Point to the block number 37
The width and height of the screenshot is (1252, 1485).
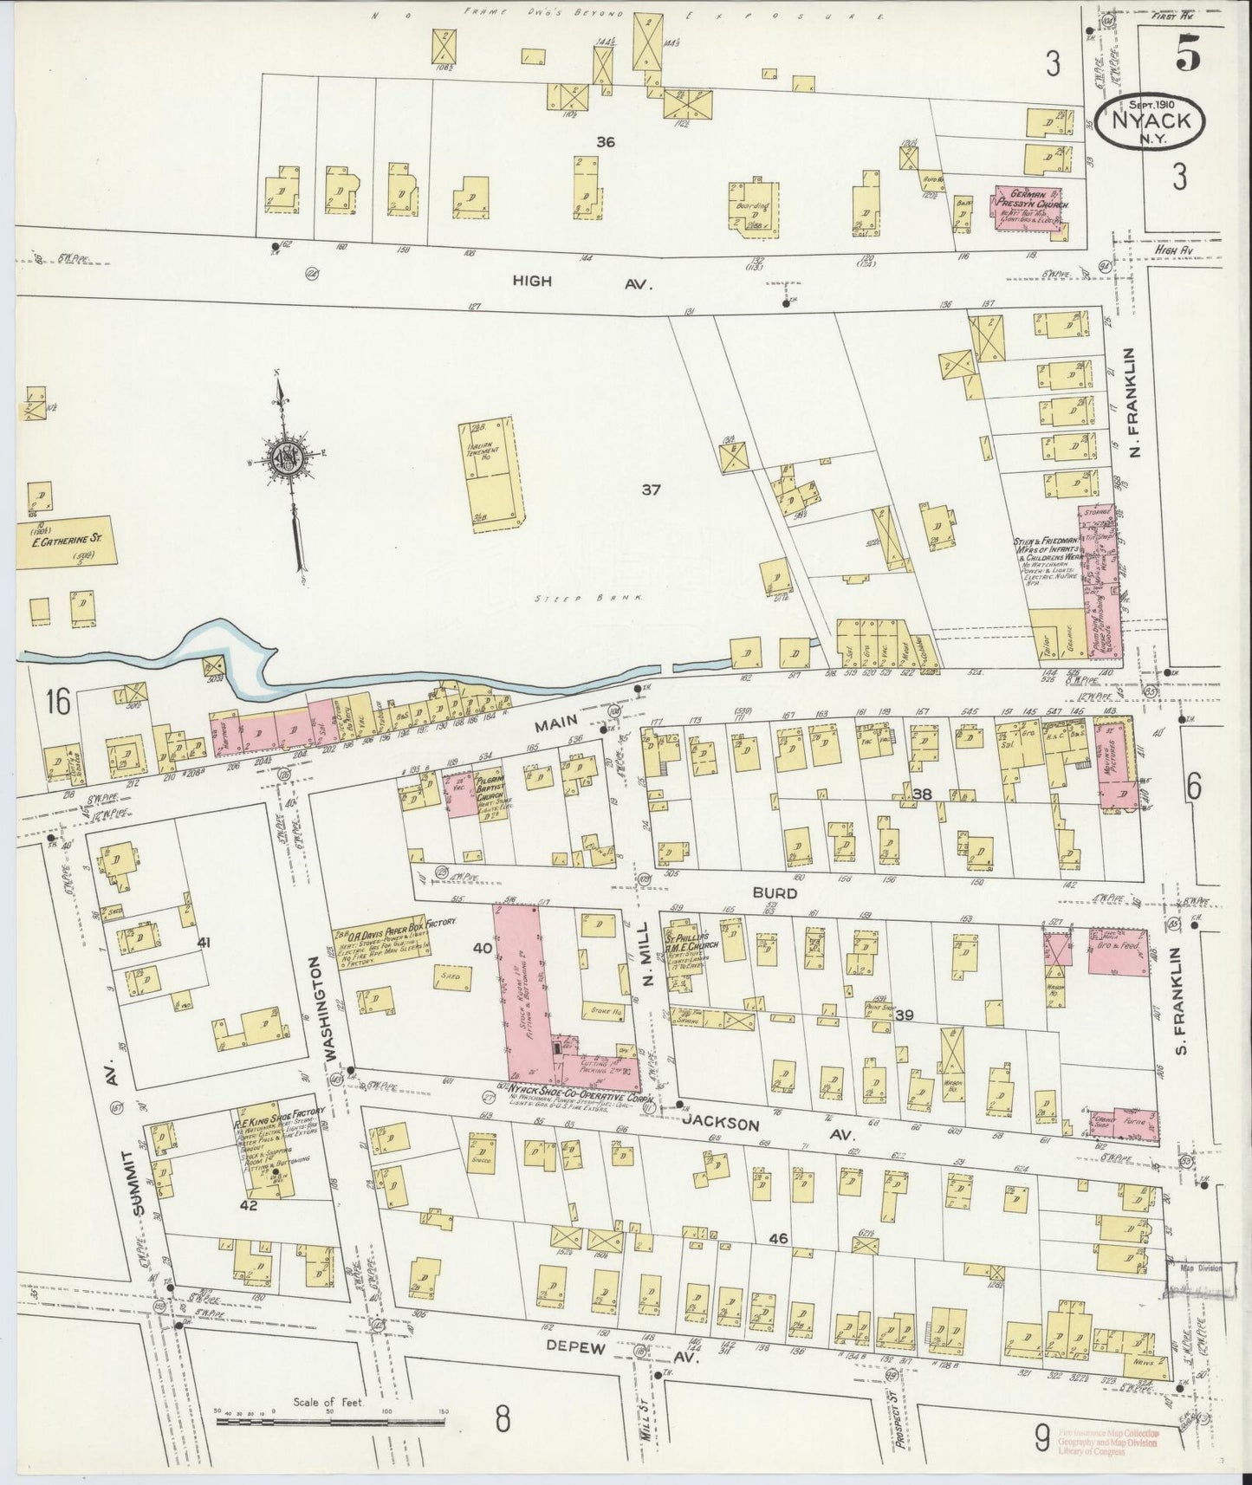pyautogui.click(x=652, y=490)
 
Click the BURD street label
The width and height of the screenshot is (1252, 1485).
pyautogui.click(x=770, y=890)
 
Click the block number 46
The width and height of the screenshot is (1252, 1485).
pyautogui.click(x=777, y=1239)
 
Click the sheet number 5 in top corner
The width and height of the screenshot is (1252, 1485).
pyautogui.click(x=1187, y=55)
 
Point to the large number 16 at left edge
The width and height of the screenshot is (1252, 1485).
pyautogui.click(x=59, y=701)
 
